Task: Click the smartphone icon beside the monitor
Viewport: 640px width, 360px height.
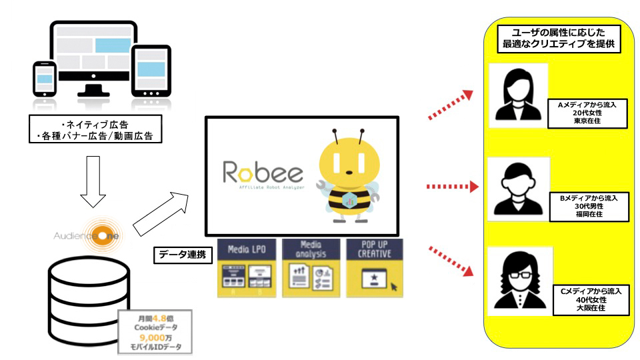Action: click(45, 83)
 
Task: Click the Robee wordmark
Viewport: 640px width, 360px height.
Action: click(263, 175)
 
